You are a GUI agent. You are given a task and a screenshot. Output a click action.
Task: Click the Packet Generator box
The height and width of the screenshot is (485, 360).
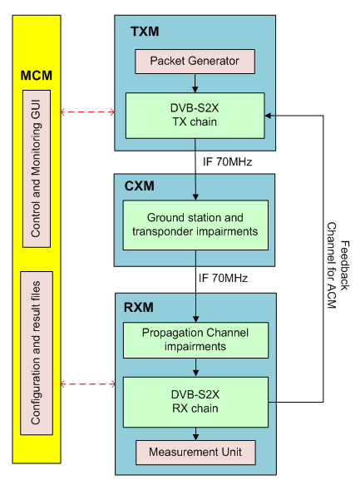tap(195, 62)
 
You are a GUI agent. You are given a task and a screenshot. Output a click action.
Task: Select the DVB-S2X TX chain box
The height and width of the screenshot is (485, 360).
tap(195, 116)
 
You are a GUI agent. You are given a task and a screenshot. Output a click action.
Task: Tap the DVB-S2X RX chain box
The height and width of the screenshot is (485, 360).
tap(195, 402)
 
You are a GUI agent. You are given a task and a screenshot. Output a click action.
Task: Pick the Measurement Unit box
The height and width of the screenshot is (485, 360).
tap(195, 453)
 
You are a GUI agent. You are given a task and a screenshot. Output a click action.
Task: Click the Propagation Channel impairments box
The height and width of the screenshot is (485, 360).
tap(195, 340)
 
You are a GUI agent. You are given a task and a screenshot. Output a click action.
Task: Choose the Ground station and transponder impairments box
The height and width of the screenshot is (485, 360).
tap(195, 225)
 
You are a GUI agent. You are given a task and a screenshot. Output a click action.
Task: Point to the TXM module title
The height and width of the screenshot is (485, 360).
tap(145, 32)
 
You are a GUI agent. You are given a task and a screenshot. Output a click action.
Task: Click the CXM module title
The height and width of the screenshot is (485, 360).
tap(139, 186)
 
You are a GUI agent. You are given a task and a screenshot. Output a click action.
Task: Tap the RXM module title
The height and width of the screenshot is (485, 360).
tap(139, 308)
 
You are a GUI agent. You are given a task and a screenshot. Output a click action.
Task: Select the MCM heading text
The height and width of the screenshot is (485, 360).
tap(36, 76)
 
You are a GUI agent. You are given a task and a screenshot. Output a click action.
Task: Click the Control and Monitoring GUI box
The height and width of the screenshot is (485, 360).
tap(37, 169)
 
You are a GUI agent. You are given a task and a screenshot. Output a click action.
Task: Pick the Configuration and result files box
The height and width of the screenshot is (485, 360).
tap(37, 353)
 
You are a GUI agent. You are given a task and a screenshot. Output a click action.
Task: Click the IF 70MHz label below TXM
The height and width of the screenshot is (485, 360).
tap(227, 161)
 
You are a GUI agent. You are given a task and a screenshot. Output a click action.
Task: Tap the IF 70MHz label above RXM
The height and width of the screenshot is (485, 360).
tap(223, 278)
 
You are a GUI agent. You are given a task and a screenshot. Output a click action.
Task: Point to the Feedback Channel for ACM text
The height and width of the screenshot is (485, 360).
tap(338, 265)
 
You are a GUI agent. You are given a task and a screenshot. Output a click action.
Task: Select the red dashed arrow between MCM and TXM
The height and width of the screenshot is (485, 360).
tap(87, 111)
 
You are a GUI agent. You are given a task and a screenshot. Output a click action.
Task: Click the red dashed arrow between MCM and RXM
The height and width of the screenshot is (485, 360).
tap(88, 384)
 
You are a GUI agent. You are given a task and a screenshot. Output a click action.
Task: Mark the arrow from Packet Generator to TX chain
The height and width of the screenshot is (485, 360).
tap(195, 83)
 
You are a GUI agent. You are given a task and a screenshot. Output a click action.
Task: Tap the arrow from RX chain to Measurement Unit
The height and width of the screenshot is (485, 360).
tap(195, 433)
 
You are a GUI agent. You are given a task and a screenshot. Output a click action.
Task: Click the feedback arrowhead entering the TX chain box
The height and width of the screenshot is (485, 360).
tap(268, 116)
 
